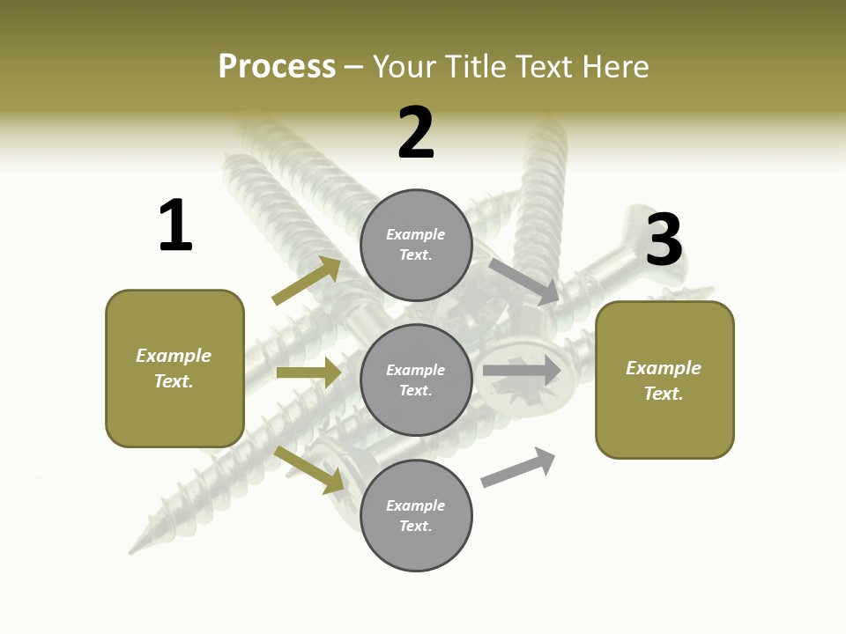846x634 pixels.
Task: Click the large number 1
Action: pyautogui.click(x=175, y=225)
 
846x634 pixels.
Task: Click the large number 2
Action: pyautogui.click(x=416, y=133)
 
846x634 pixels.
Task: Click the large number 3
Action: pyautogui.click(x=664, y=240)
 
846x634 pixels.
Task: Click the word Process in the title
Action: pyautogui.click(x=277, y=66)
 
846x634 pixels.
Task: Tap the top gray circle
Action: pyautogui.click(x=416, y=245)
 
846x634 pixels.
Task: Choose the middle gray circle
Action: pyautogui.click(x=416, y=380)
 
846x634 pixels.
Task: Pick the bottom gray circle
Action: pyautogui.click(x=416, y=515)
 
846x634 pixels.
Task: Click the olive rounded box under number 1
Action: pyautogui.click(x=174, y=368)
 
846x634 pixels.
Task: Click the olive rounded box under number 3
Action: pyautogui.click(x=664, y=380)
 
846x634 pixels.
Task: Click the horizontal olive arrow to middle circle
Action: pyautogui.click(x=308, y=372)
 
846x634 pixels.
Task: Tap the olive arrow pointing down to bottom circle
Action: pyautogui.click(x=309, y=469)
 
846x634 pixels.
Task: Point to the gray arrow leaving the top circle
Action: pyautogui.click(x=524, y=281)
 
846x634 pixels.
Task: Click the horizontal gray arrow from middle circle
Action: pyautogui.click(x=522, y=371)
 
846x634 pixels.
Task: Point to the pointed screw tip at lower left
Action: pyautogui.click(x=133, y=549)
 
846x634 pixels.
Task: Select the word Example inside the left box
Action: pyautogui.click(x=174, y=356)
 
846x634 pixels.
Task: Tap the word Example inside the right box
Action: pyautogui.click(x=664, y=367)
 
